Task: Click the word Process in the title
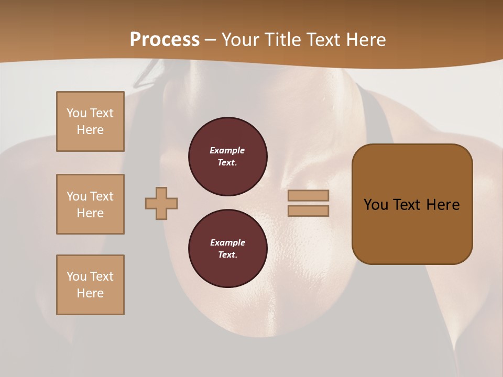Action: point(165,40)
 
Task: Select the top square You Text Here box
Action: point(90,121)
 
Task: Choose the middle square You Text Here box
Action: point(90,204)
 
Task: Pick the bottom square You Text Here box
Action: point(90,285)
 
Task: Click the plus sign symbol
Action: point(161,203)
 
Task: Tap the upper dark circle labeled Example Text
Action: point(227,157)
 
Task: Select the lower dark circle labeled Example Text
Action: point(227,249)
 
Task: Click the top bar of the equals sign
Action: point(308,196)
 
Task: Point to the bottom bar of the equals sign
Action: point(308,210)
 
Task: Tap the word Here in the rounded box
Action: point(443,205)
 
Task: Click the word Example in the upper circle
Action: point(227,150)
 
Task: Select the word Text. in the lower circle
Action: point(227,255)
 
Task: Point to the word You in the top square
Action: point(76,113)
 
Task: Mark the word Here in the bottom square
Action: point(90,293)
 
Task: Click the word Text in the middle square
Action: point(102,196)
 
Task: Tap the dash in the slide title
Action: point(211,40)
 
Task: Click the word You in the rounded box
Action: point(376,205)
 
